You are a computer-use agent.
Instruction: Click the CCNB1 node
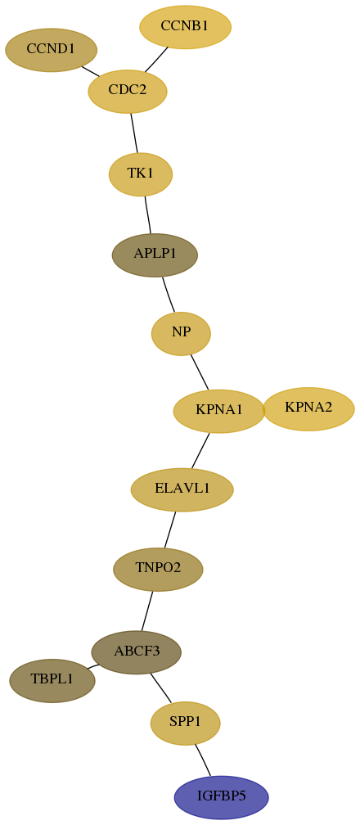coord(185,27)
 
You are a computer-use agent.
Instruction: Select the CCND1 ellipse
coord(51,50)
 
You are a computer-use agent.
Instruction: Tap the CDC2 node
coord(128,91)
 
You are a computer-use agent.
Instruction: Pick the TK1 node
coord(141,174)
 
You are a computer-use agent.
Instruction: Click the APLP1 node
coord(155,255)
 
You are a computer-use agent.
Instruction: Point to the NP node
coord(181,334)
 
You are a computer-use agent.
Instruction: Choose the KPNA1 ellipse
coord(219,412)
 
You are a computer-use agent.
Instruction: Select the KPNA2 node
coord(308,409)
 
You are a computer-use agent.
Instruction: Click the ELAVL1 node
coord(182,489)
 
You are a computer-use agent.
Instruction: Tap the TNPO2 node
coord(158,570)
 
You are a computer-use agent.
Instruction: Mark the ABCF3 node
coord(137,652)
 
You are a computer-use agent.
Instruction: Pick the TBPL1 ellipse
coord(52,681)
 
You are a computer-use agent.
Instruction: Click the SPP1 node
coord(185,724)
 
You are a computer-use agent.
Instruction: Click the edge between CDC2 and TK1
coord(134,133)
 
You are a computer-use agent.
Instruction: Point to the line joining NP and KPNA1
coord(200,372)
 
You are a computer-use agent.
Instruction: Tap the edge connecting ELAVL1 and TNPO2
coord(170,530)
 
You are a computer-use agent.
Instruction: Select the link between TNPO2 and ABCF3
coord(146,611)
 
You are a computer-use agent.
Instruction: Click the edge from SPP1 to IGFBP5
coord(203,760)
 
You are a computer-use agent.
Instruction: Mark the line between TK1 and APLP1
coord(148,214)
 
